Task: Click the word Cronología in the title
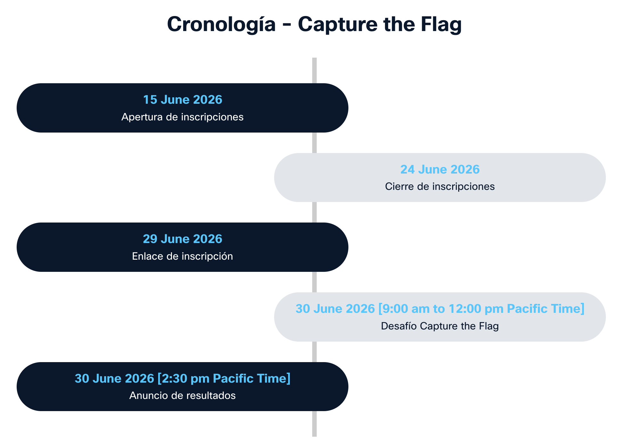(x=221, y=24)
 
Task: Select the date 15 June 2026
(x=183, y=100)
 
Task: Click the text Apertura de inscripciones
(x=183, y=117)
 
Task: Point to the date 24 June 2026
(x=440, y=169)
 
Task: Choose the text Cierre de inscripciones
(x=440, y=186)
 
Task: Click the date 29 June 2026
(x=183, y=239)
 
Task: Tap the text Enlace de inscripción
(x=183, y=256)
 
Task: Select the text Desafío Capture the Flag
(x=440, y=326)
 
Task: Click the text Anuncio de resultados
(x=183, y=395)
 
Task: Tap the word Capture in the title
(x=338, y=24)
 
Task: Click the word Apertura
(x=142, y=117)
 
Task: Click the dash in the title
(x=287, y=25)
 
